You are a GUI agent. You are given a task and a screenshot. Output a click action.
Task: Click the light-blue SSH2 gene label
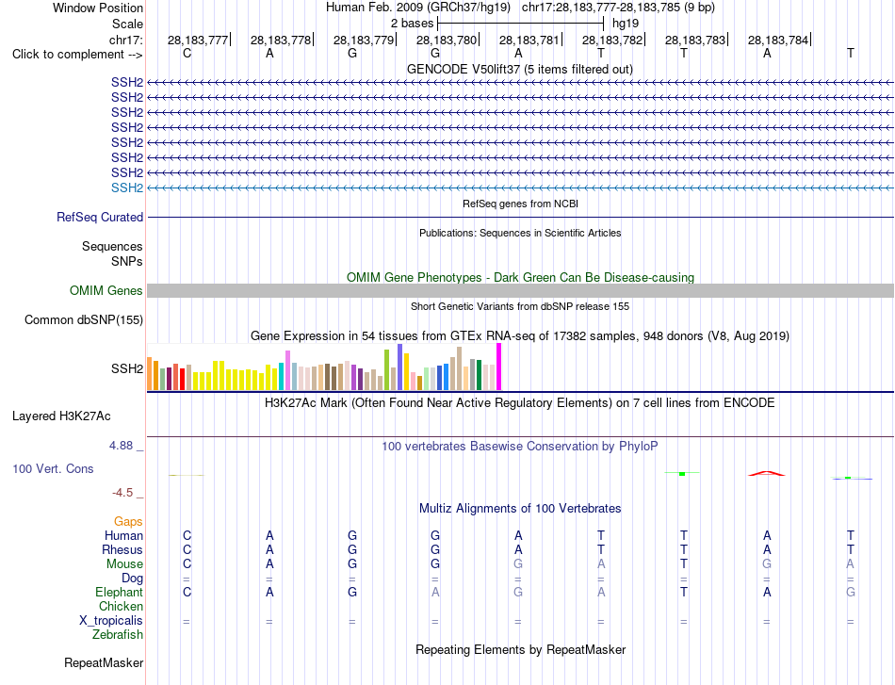coord(127,188)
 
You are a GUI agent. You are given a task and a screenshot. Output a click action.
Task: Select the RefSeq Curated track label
coord(100,217)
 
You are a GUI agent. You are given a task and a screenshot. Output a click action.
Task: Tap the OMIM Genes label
coord(106,290)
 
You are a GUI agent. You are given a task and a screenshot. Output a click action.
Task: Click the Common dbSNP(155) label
coord(84,319)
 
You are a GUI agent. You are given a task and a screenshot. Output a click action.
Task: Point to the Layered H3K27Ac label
coord(61,416)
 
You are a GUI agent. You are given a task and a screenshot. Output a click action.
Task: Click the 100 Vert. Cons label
coord(53,468)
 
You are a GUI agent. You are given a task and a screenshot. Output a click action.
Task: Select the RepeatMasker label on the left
coord(104,662)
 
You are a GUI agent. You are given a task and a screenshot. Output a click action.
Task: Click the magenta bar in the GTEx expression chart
coord(499,367)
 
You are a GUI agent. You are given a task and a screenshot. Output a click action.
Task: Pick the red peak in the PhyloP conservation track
coord(767,473)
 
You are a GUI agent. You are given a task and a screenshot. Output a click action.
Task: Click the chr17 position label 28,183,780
coord(447,40)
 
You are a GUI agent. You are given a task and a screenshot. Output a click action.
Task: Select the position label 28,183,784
coord(778,40)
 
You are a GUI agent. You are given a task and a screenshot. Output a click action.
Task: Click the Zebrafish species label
coord(118,635)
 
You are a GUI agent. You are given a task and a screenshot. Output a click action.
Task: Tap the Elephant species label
coord(120,593)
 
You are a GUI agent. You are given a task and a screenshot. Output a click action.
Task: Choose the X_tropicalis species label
coord(111,621)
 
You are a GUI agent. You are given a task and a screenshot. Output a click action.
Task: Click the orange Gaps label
coord(128,522)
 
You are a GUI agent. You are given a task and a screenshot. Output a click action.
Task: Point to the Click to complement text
coord(69,55)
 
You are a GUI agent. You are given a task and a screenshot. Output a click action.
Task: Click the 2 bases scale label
coord(412,24)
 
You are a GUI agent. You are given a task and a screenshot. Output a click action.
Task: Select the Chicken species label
coord(121,606)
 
